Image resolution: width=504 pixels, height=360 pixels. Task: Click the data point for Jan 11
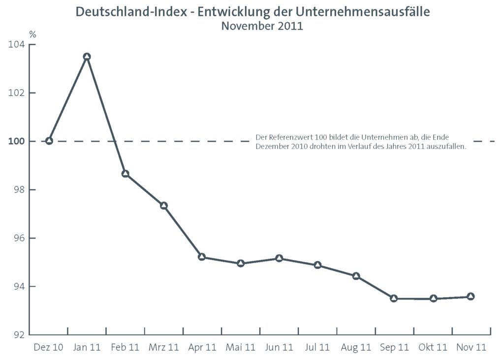click(x=87, y=57)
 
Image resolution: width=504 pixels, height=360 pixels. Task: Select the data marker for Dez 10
click(x=49, y=141)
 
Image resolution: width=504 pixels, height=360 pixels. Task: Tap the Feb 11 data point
click(x=125, y=174)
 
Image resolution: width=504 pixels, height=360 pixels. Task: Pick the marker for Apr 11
click(x=202, y=257)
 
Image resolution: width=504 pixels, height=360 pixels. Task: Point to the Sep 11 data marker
click(x=394, y=298)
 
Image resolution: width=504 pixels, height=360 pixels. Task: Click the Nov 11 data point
click(x=471, y=296)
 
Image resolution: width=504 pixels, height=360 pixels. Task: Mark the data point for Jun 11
click(x=279, y=258)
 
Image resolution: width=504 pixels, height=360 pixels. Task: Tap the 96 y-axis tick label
click(x=17, y=238)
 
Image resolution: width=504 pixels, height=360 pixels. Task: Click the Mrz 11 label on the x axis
click(x=163, y=348)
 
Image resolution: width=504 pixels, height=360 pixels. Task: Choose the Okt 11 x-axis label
click(x=433, y=348)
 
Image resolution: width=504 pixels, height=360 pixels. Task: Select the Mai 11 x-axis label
click(x=241, y=348)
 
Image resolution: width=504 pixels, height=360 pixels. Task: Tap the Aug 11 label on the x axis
click(x=356, y=348)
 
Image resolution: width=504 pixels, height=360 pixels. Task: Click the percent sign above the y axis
click(x=32, y=34)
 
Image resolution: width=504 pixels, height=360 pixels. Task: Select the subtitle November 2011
click(x=262, y=26)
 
